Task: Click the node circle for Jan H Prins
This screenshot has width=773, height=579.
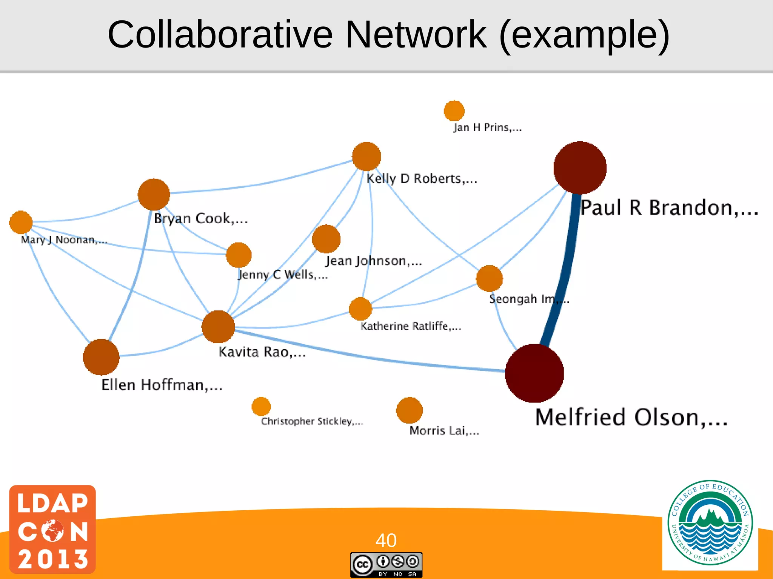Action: point(454,111)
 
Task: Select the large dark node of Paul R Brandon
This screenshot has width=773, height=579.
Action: point(580,168)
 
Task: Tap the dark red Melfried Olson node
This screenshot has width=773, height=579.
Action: point(534,373)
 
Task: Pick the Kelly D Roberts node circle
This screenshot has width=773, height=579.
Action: point(366,157)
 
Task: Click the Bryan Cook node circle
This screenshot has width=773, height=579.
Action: point(154,194)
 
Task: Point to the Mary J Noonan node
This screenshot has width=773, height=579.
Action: point(21,223)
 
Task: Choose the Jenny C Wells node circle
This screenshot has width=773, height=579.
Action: point(239,255)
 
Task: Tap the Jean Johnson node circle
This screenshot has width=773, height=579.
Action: point(326,239)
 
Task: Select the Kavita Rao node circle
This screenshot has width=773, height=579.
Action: point(218,327)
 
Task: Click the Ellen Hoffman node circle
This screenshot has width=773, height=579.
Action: point(101,357)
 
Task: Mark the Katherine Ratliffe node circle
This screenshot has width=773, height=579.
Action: point(360,309)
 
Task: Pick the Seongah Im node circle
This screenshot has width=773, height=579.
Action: point(489,278)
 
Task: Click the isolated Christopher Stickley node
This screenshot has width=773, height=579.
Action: point(261,407)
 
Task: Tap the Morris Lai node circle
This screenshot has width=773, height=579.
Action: point(410,410)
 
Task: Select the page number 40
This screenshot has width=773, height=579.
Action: point(386,540)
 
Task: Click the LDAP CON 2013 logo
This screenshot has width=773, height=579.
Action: point(52,529)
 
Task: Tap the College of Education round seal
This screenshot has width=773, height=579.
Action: point(710,523)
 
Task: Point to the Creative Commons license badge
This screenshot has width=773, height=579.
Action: point(386,565)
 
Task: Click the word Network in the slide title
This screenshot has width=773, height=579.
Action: point(416,35)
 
